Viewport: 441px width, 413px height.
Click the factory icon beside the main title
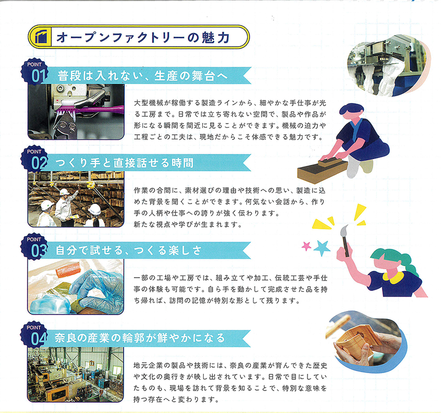[41, 37]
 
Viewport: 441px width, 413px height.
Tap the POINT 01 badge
[35, 72]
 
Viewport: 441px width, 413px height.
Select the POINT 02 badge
[34, 159]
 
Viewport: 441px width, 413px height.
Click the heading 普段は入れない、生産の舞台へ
[143, 76]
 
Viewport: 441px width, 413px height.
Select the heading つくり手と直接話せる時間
[124, 163]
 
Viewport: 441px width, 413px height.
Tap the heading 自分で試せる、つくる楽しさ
[129, 250]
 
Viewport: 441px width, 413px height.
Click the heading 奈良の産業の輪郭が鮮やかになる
[140, 338]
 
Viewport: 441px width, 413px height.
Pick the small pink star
[306, 246]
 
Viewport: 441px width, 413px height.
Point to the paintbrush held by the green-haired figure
[345, 240]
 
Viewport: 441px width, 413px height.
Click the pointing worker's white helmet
[65, 192]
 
